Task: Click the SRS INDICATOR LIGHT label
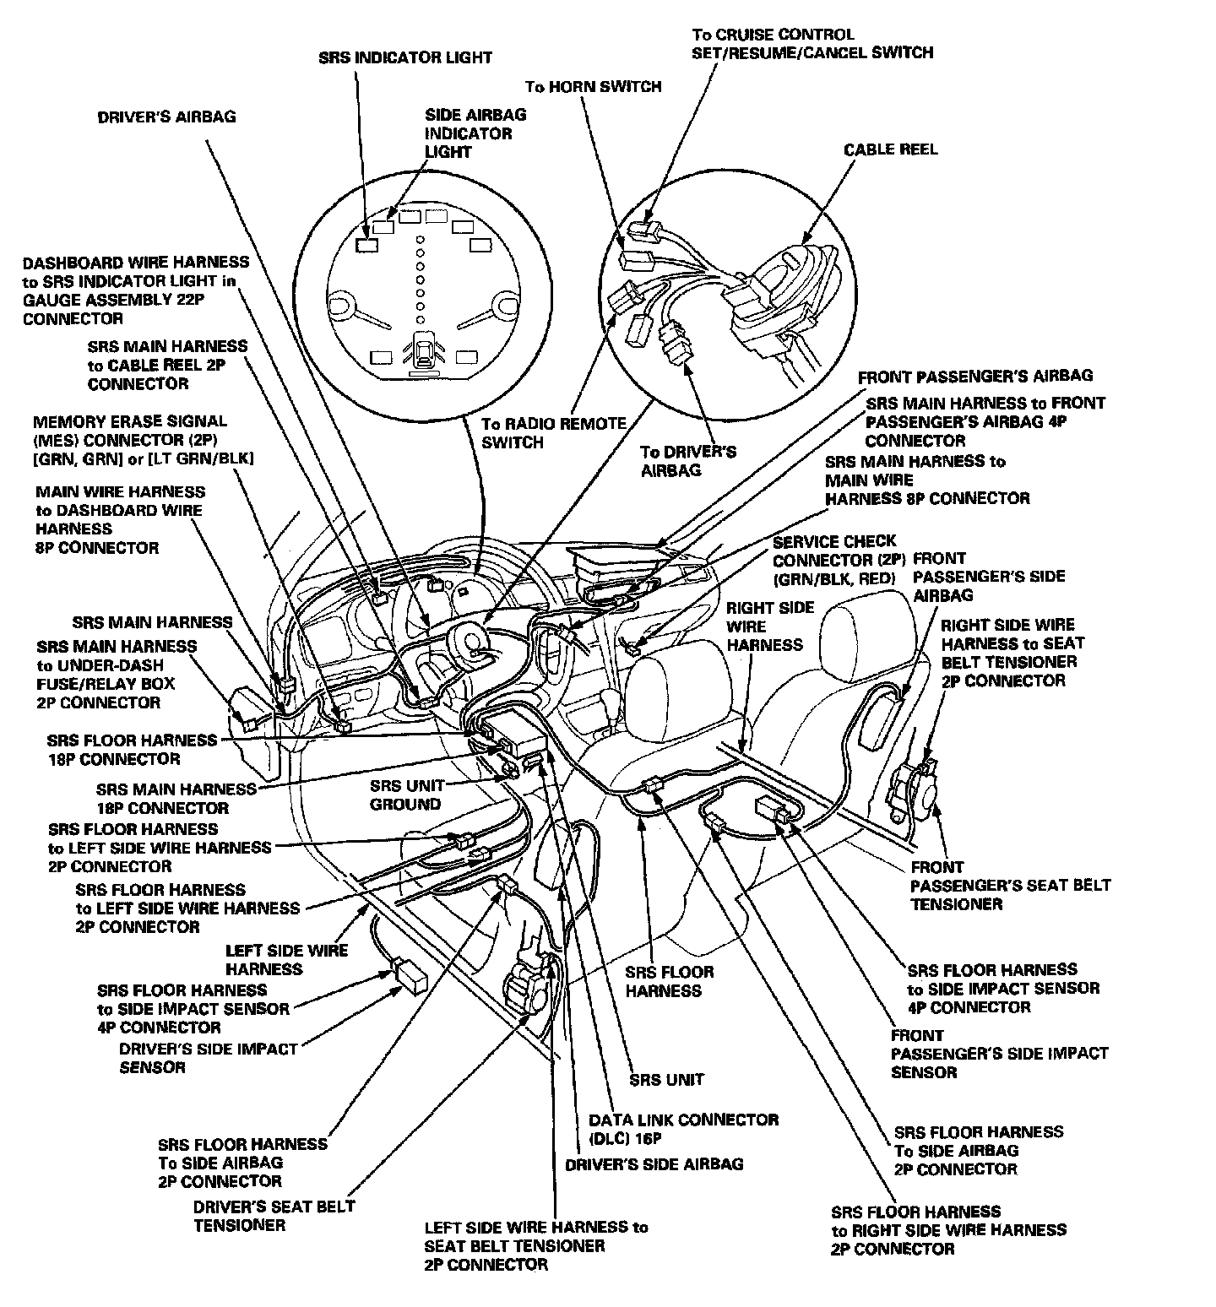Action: click(405, 57)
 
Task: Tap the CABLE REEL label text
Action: click(890, 149)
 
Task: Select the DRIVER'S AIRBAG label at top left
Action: click(166, 117)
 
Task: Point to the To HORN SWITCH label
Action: click(593, 86)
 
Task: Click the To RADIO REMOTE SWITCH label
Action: click(553, 432)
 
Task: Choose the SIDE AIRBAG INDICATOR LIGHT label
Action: click(475, 133)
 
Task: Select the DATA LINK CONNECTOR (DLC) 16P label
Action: click(683, 1129)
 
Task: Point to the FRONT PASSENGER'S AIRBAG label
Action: click(974, 376)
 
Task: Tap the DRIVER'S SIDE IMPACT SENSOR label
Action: click(208, 1058)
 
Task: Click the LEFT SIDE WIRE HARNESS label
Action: click(286, 959)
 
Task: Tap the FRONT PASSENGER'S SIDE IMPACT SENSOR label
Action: click(999, 1054)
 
